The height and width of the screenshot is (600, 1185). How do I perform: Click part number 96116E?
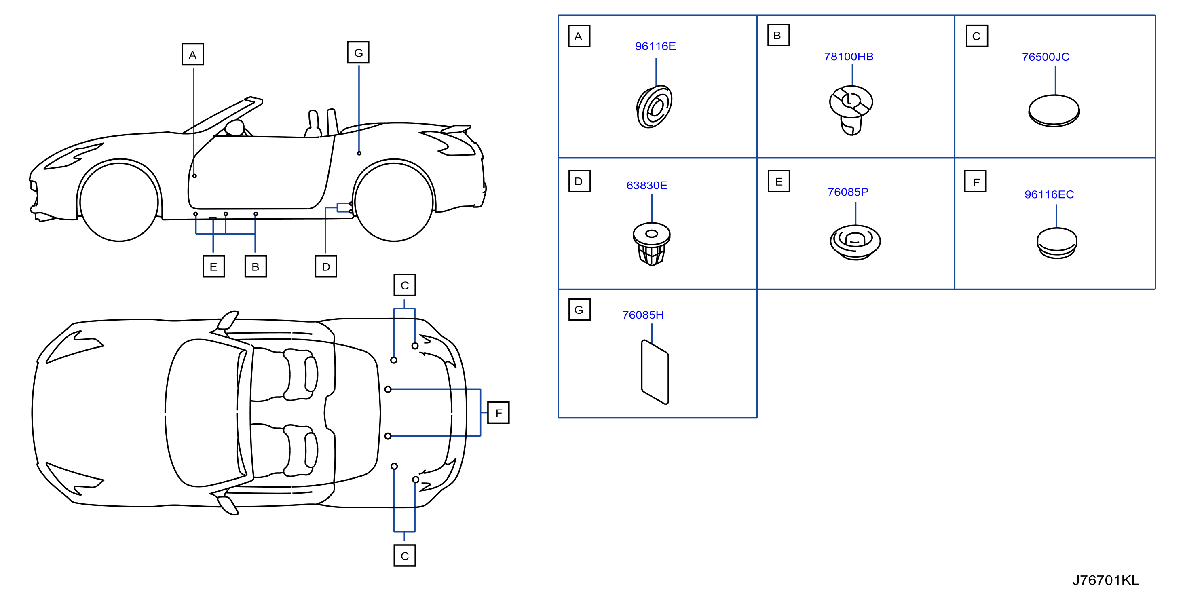(x=655, y=46)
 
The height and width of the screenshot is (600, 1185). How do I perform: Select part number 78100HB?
(x=848, y=57)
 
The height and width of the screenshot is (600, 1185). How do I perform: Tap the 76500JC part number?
(x=1046, y=57)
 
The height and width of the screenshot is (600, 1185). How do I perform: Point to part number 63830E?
(x=646, y=186)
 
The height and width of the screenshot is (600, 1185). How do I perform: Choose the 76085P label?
(x=848, y=192)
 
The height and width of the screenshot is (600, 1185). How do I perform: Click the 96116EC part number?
(x=1049, y=194)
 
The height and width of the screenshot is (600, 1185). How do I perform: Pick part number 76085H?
(x=643, y=315)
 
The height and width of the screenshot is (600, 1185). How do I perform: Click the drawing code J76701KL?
(x=1105, y=580)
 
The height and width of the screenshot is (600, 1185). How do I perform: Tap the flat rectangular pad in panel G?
(x=655, y=372)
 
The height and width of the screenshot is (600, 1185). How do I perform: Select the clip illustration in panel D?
(x=651, y=244)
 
